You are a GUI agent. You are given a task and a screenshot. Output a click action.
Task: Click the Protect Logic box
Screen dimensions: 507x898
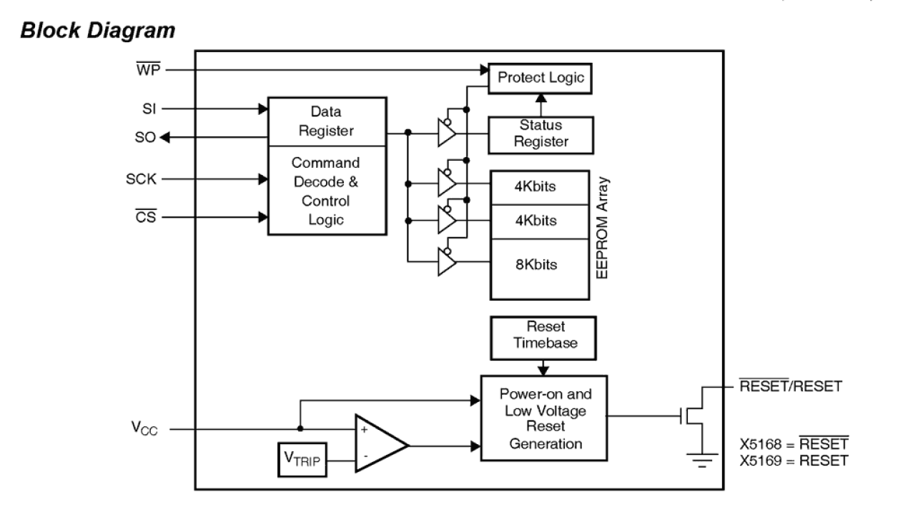(540, 79)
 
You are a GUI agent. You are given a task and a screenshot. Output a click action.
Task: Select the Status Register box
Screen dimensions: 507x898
(541, 134)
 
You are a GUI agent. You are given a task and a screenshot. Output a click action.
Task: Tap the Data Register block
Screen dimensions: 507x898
(327, 121)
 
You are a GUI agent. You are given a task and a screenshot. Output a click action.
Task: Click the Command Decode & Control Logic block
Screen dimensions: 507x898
(327, 190)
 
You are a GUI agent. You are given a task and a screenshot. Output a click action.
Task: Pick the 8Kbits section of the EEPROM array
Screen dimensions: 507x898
(541, 265)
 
